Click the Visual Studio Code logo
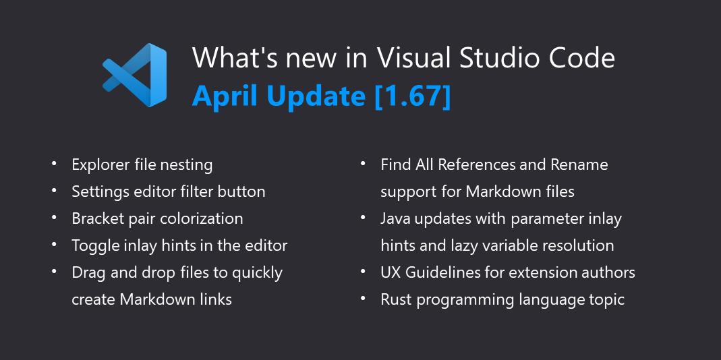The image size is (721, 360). coord(135,75)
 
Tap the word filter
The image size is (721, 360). coord(196,191)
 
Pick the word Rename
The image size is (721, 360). coord(579,164)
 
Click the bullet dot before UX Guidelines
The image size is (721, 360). coord(364,272)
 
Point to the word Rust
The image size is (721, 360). coord(396,299)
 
